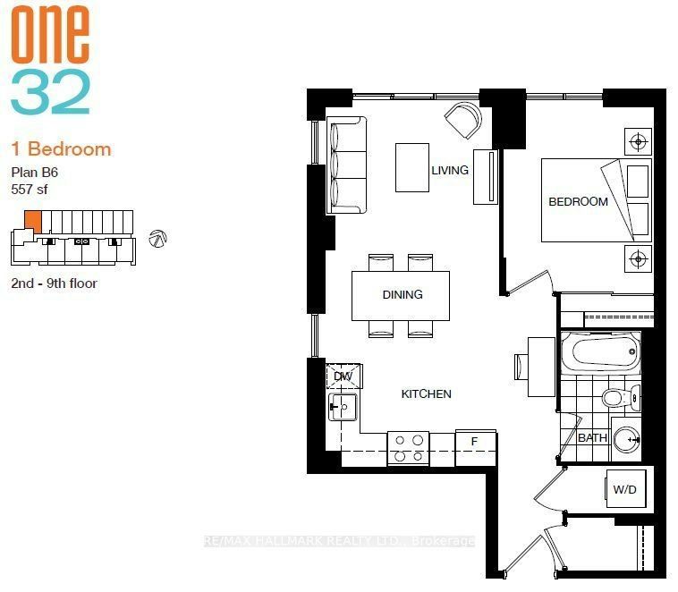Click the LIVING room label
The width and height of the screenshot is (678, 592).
tap(450, 170)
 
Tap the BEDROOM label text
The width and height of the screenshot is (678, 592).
tap(578, 201)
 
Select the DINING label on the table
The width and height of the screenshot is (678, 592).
tap(403, 294)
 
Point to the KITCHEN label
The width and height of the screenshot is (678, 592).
tap(427, 394)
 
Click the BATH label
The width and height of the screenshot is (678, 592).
tap(592, 437)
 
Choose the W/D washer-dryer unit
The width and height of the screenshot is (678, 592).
tap(626, 489)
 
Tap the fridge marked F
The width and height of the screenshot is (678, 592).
tap(475, 447)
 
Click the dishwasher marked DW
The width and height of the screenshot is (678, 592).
tap(343, 376)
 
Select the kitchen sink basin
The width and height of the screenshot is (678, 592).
tap(343, 407)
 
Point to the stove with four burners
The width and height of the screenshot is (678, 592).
tap(408, 448)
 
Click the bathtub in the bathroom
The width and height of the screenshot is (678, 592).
tap(600, 351)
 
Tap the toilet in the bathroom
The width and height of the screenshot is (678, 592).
tap(621, 398)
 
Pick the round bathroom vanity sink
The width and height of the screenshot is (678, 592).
tap(627, 439)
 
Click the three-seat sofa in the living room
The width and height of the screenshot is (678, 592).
tap(346, 165)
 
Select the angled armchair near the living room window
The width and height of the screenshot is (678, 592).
tap(463, 120)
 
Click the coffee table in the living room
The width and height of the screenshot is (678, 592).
tap(412, 167)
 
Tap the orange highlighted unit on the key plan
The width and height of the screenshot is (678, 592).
tap(33, 222)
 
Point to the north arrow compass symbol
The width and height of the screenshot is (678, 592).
tap(157, 239)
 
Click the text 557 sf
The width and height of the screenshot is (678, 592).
tap(30, 190)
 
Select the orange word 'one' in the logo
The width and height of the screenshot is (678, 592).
tap(50, 34)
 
